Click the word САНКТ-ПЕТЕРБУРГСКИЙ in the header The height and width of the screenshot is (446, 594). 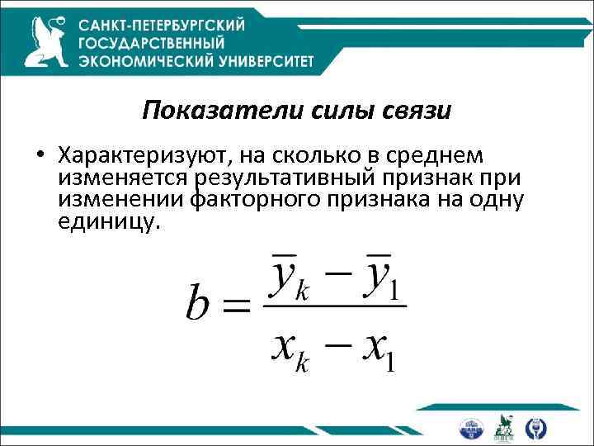(x=181, y=24)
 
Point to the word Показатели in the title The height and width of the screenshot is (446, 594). (x=198, y=111)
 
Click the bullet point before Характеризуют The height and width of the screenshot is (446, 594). (x=39, y=157)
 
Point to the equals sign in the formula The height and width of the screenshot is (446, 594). (x=237, y=307)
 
